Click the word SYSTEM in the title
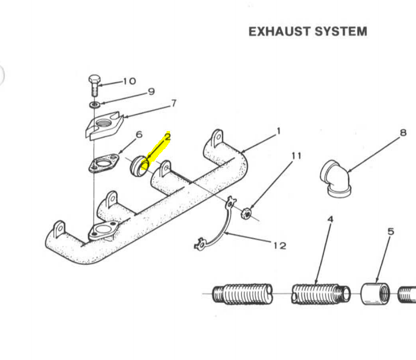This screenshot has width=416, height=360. [x=340, y=32]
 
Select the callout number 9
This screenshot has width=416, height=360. [x=151, y=91]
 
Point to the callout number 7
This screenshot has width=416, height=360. [x=173, y=103]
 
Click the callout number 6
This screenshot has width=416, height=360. [x=138, y=134]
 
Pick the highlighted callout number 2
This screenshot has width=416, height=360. [x=167, y=137]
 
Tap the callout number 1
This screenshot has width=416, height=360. [x=278, y=132]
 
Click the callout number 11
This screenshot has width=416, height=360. [x=296, y=155]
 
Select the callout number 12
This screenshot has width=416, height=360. [x=279, y=245]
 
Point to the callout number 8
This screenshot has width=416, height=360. [x=403, y=133]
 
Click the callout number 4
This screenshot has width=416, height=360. [x=330, y=219]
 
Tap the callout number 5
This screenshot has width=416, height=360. [x=390, y=231]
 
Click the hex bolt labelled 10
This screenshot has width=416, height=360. [x=94, y=84]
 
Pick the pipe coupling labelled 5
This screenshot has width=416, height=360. [x=373, y=294]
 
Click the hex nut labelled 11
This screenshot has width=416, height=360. [x=246, y=214]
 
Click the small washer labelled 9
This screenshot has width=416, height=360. [x=94, y=105]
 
